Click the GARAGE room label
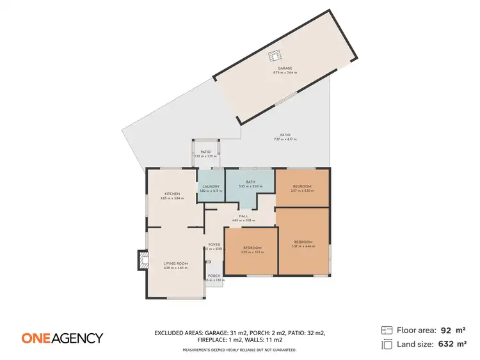[285, 68]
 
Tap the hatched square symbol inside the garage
[275, 56]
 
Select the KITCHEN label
[172, 194]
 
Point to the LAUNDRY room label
[211, 187]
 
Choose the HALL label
[243, 216]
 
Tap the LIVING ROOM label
[175, 263]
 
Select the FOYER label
[214, 244]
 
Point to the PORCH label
[214, 276]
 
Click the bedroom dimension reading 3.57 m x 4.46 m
[302, 246]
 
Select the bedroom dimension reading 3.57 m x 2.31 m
[302, 191]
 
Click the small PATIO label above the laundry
[206, 152]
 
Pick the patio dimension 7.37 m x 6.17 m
[285, 139]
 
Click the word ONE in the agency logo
[36, 338]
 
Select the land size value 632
[445, 345]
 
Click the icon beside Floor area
[386, 331]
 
